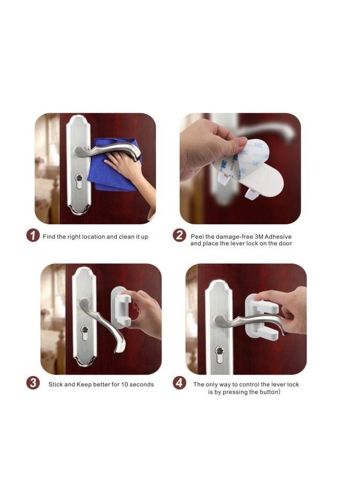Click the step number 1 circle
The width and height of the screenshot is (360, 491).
(33, 236)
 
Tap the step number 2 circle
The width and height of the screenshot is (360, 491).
(179, 236)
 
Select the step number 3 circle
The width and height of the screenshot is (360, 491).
(33, 383)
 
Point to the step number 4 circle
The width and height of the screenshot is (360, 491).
(179, 383)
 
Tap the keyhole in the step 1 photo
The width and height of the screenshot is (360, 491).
(78, 179)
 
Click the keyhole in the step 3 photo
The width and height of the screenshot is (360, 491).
(85, 331)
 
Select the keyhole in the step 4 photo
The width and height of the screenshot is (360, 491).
(219, 352)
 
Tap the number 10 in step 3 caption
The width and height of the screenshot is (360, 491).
(124, 385)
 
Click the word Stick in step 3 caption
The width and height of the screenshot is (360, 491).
(56, 385)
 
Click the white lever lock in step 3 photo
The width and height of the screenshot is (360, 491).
(121, 306)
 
